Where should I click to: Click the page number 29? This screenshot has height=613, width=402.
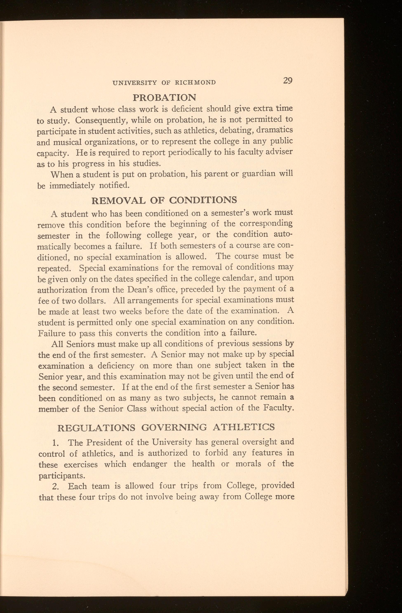(288, 81)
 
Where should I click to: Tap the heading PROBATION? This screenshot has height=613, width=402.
(164, 97)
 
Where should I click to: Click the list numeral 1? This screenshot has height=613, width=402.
(54, 443)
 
